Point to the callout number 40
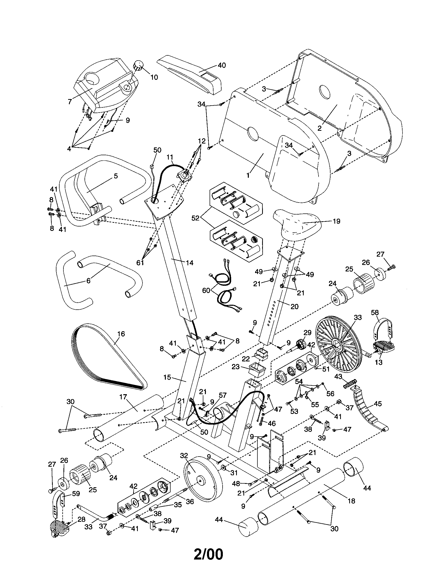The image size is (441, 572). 222,65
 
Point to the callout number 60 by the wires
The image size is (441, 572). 206,290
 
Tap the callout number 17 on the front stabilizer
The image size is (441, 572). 123,397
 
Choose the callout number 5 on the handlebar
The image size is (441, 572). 115,176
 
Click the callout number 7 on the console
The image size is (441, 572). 70,102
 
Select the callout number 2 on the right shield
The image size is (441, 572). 319,128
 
